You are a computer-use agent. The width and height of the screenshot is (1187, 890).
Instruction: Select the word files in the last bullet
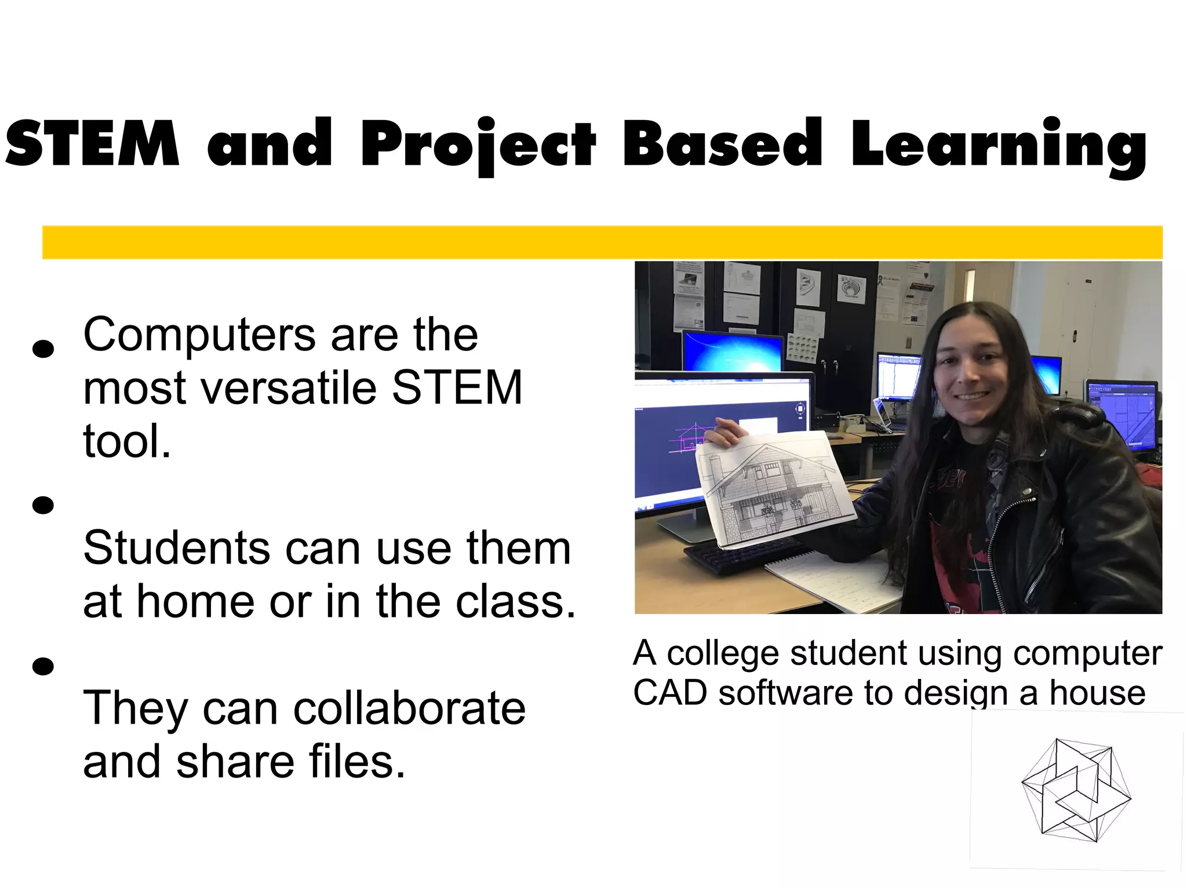point(356,762)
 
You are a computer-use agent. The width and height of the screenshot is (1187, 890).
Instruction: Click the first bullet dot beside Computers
point(43,348)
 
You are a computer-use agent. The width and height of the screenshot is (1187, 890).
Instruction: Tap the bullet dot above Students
point(43,505)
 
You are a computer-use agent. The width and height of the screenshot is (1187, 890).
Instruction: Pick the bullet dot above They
point(43,666)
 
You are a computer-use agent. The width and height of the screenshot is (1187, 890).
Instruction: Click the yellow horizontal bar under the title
point(603,242)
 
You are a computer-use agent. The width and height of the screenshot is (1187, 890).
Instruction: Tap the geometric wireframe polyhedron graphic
point(1076,790)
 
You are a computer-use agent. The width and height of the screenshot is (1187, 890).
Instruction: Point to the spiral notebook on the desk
point(835,580)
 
